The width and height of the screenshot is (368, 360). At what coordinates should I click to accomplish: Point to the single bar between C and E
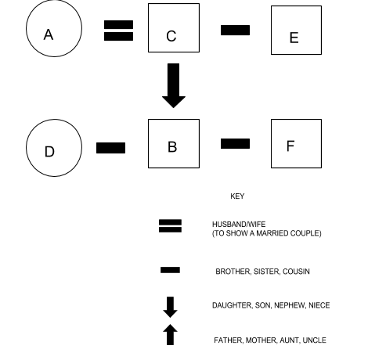point(235,31)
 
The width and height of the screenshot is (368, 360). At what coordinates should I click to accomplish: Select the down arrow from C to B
point(174,85)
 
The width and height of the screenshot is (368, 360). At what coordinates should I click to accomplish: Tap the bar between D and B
point(110,148)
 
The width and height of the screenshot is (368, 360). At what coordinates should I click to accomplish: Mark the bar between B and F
point(235,144)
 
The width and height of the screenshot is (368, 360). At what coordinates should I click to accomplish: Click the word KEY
point(237,196)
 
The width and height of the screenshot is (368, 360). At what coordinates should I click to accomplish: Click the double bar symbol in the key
point(170,226)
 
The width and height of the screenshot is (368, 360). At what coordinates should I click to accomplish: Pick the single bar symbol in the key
point(170,270)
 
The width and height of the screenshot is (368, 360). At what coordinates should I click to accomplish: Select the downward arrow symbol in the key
point(170,307)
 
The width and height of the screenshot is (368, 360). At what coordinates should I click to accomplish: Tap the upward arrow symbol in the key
point(170,335)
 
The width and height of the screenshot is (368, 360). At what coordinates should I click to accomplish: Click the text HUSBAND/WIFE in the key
point(239,225)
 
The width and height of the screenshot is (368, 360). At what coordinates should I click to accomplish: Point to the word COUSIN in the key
point(296,272)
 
